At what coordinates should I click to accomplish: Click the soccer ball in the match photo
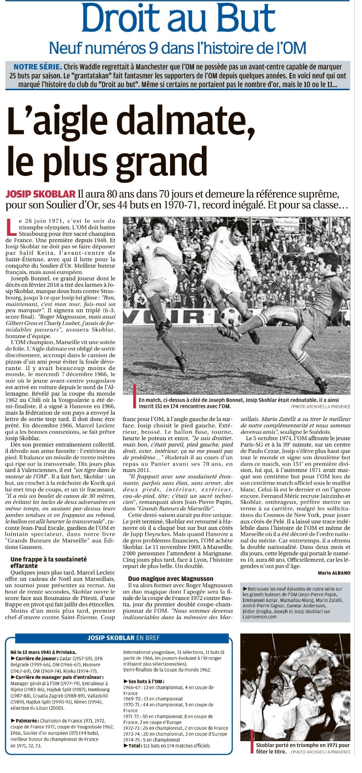tap(230, 317)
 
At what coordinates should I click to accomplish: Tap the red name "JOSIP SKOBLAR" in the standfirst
tap(40, 194)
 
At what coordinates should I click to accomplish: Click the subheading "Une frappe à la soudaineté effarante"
tap(48, 562)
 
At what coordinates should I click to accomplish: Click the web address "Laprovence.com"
tap(260, 617)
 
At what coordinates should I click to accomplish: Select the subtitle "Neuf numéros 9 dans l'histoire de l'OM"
tap(178, 48)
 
